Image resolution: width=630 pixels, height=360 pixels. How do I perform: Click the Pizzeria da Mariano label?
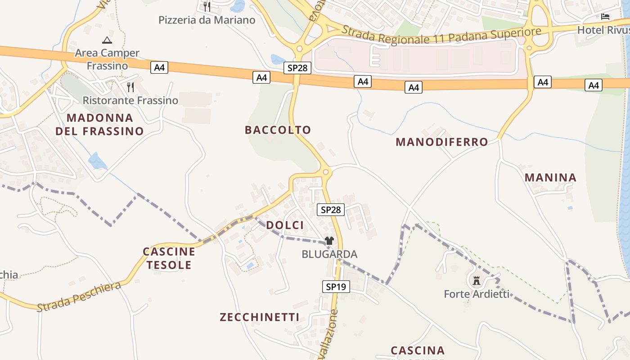(207, 20)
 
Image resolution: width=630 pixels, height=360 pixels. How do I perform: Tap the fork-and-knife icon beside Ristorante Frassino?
(130, 87)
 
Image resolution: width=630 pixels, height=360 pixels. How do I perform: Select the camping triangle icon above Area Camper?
(107, 40)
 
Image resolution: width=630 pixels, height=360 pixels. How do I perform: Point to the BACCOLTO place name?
(278, 130)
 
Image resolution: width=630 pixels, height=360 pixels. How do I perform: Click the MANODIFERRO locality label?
(441, 142)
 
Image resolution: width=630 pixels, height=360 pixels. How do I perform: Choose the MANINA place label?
(550, 177)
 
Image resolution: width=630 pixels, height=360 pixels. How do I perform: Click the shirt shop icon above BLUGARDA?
(329, 241)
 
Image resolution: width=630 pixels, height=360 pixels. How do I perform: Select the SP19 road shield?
(336, 286)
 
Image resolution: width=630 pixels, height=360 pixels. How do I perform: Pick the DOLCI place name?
(285, 225)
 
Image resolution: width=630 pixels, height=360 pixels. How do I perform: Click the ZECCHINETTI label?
(259, 317)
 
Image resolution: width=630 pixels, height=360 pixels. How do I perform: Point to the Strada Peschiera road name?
(79, 297)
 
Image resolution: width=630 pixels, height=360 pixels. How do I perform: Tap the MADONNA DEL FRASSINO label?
(99, 125)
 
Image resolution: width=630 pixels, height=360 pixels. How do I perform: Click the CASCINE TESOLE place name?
(169, 258)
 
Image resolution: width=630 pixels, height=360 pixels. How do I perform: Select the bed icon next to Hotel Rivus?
(605, 17)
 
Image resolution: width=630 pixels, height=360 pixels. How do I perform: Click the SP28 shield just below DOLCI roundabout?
(330, 210)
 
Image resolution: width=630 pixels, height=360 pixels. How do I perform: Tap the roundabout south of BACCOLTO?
(326, 171)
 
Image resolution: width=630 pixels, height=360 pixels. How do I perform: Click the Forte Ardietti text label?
(477, 294)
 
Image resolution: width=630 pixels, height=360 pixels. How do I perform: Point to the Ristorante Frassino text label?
(130, 100)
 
